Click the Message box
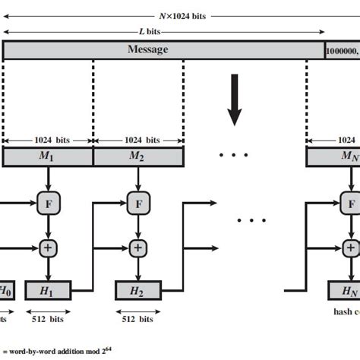[x=163, y=50]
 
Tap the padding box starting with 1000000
[x=342, y=50]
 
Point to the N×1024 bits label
[x=182, y=15]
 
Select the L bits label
[x=163, y=33]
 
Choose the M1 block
[x=48, y=157]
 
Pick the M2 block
[x=137, y=157]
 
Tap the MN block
[x=334, y=157]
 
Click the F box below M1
[x=48, y=203]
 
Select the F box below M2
[x=137, y=203]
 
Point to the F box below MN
[x=350, y=203]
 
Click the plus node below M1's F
[x=48, y=247]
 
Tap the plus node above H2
[x=137, y=247]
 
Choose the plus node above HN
[x=350, y=247]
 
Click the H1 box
[x=48, y=290]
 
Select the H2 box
[x=137, y=290]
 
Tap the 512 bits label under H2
[x=137, y=320]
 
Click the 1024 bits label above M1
[x=48, y=140]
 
